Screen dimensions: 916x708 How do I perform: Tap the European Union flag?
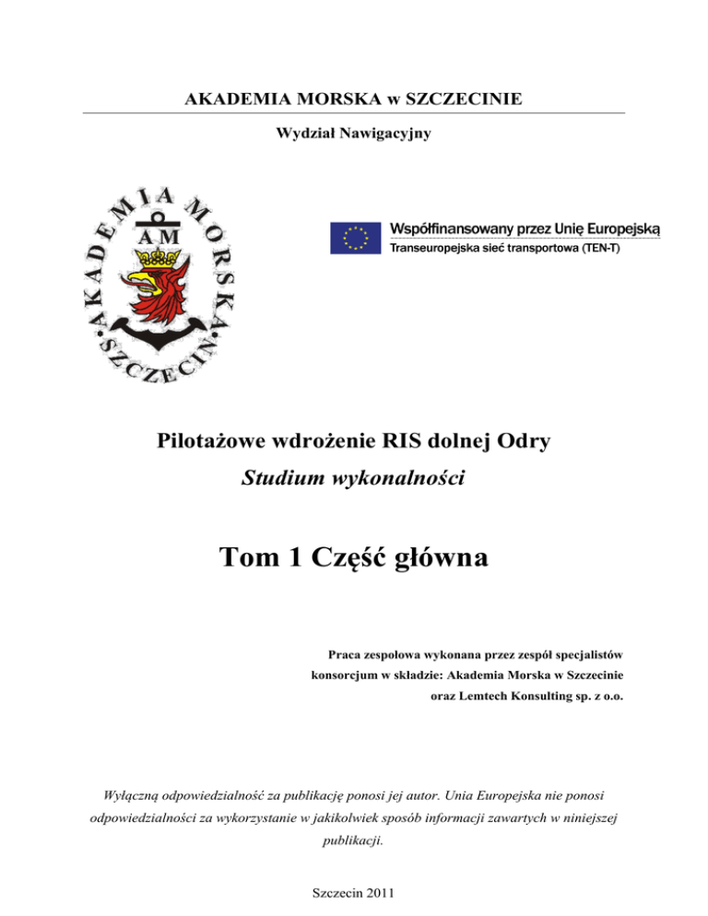[x=354, y=238]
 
